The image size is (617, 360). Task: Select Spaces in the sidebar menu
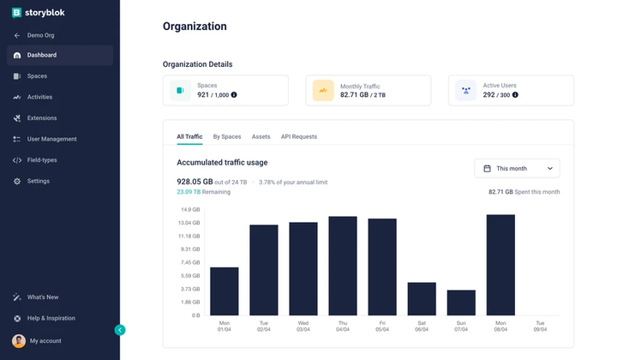click(x=37, y=76)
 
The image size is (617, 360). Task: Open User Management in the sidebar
click(x=51, y=139)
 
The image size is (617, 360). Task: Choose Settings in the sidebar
click(x=38, y=181)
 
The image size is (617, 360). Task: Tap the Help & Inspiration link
click(x=51, y=318)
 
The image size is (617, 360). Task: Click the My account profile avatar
click(x=18, y=340)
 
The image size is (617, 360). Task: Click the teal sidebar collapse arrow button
click(x=120, y=329)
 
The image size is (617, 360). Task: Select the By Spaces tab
click(x=227, y=136)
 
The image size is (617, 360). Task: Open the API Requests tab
click(x=299, y=136)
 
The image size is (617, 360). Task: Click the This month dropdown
click(x=517, y=169)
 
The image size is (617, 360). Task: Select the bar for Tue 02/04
click(x=264, y=270)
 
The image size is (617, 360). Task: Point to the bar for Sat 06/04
click(x=422, y=298)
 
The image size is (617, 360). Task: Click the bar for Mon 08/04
click(x=500, y=265)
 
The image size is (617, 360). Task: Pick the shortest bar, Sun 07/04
click(x=461, y=302)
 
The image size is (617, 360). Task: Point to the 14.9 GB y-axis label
click(x=190, y=210)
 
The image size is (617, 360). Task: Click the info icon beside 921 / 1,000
click(x=234, y=95)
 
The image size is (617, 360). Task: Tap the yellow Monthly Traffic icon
click(x=323, y=90)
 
